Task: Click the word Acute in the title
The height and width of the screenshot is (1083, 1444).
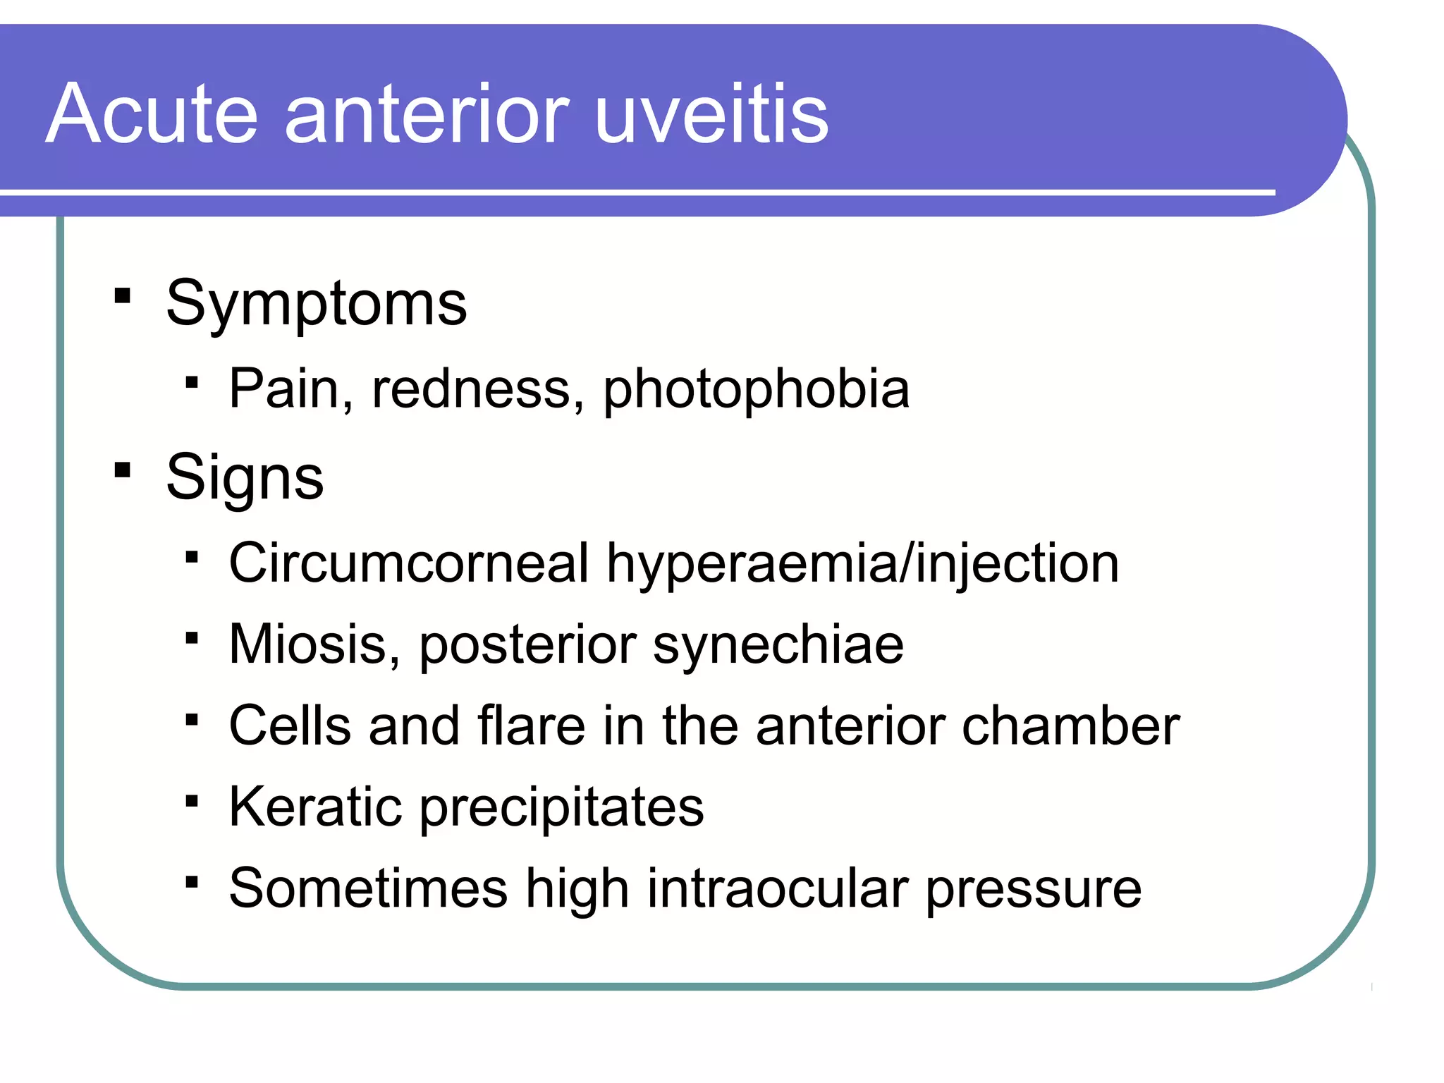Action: pyautogui.click(x=152, y=114)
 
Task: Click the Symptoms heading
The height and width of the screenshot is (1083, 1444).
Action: pyautogui.click(x=316, y=305)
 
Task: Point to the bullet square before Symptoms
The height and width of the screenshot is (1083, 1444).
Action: pyautogui.click(x=123, y=295)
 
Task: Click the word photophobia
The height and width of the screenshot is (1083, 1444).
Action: pyautogui.click(x=756, y=389)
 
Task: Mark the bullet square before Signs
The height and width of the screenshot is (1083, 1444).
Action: pyautogui.click(x=123, y=470)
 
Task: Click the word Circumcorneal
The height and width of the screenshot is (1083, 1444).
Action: pyautogui.click(x=409, y=563)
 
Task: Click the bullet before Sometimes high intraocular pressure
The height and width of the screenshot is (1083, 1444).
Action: pyautogui.click(x=192, y=882)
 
